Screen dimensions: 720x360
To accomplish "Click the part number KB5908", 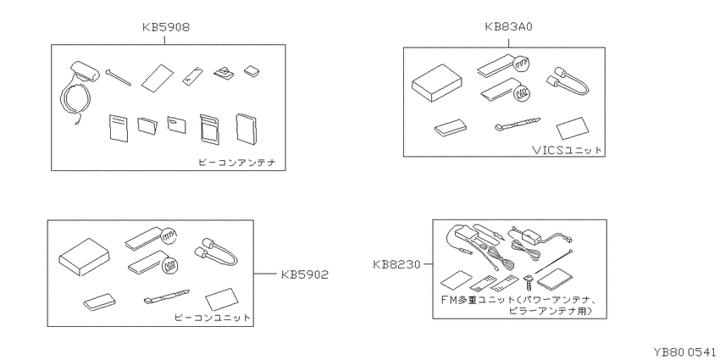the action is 165,28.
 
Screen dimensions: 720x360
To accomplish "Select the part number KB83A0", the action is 508,27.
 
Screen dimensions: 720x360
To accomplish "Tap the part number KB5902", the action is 304,274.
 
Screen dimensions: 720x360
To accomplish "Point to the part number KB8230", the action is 396,264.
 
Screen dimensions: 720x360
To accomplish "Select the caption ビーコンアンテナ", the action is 237,163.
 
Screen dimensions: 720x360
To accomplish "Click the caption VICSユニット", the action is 566,150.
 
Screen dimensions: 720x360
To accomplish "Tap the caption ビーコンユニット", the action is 213,318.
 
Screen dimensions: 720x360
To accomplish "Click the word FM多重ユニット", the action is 479,301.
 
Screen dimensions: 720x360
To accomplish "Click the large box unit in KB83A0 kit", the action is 437,84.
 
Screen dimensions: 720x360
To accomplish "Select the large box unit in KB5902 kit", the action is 84,258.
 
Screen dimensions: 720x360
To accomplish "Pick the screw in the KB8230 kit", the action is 529,282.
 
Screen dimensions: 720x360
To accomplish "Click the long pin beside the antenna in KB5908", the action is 118,77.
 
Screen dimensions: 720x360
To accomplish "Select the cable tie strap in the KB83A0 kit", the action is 517,125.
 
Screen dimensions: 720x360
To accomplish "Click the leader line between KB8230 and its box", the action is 427,264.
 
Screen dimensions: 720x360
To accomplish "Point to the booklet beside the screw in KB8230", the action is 554,280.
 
